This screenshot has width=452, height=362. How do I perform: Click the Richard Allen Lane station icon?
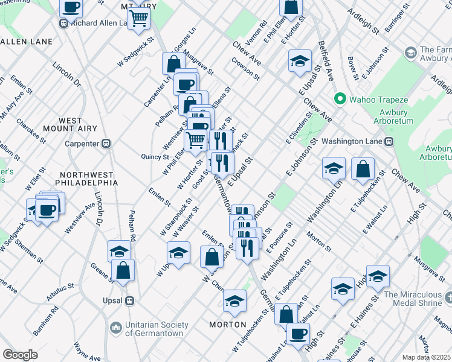pos(63,24)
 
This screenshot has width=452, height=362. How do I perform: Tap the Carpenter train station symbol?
pos(106,144)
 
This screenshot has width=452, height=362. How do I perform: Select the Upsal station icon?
pos(129,300)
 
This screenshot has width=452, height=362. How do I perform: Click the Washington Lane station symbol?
pos(389,141)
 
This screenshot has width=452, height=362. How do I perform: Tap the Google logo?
pos(20,355)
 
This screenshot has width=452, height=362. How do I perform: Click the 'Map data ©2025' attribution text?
pos(427,357)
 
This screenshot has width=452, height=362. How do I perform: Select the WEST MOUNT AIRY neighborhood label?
pos(71,125)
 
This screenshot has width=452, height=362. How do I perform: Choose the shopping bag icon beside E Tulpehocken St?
pos(363,171)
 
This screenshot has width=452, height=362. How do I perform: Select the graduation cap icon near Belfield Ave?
pos(299,62)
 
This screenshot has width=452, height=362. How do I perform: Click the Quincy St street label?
pos(156,156)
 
